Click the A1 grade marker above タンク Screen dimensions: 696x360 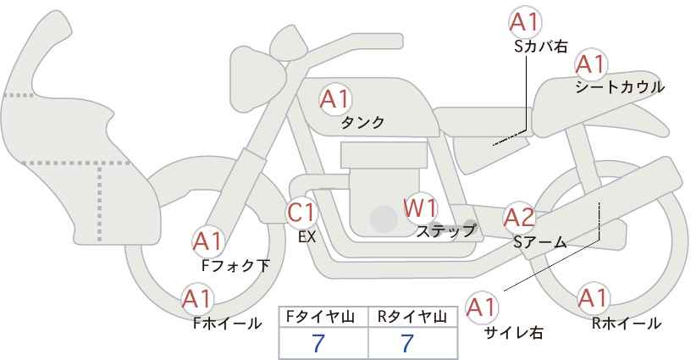pyautogui.click(x=335, y=99)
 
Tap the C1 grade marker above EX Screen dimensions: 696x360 pyautogui.click(x=301, y=213)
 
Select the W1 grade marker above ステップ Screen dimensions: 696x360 pyautogui.click(x=420, y=208)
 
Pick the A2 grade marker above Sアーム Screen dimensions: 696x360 pyautogui.click(x=519, y=218)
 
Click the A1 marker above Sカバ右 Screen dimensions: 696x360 pyautogui.click(x=525, y=22)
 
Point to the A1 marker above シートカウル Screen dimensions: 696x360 pyautogui.click(x=591, y=64)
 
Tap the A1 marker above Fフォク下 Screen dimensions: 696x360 pyautogui.click(x=208, y=241)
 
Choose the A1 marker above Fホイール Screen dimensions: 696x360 pyautogui.click(x=197, y=299)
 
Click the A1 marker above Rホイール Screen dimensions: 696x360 pyautogui.click(x=593, y=298)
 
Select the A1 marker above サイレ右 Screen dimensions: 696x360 pyautogui.click(x=482, y=307)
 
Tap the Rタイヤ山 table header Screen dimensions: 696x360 pyautogui.click(x=412, y=317)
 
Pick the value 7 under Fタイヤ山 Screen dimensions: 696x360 pyautogui.click(x=318, y=343)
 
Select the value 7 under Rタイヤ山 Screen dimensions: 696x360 pyautogui.click(x=407, y=343)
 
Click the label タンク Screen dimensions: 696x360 pyautogui.click(x=362, y=123)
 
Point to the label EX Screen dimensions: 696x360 pyautogui.click(x=307, y=237)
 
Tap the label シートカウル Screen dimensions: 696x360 pyautogui.click(x=620, y=87)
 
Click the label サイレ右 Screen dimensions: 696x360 pyautogui.click(x=513, y=333)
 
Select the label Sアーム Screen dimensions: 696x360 pyautogui.click(x=539, y=242)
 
